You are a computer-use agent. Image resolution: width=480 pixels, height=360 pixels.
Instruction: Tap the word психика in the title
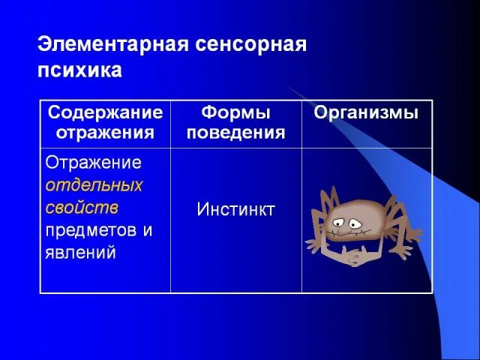pos(79,71)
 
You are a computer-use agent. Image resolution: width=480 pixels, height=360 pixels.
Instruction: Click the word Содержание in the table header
pos(105,113)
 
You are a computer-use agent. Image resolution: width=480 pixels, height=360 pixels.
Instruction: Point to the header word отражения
pos(105,133)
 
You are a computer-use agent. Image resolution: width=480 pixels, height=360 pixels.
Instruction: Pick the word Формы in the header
pos(235,113)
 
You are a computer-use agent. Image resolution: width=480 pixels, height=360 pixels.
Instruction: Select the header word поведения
pos(235,133)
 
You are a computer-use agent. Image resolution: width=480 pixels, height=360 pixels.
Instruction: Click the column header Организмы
pos(366,113)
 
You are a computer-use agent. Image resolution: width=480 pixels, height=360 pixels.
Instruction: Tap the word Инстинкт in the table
pos(235,209)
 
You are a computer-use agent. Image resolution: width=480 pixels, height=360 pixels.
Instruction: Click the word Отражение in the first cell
pos(94,163)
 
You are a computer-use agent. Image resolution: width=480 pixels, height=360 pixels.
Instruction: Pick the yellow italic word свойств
pos(82,206)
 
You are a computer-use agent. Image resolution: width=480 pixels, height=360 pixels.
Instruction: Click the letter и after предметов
pos(148,229)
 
